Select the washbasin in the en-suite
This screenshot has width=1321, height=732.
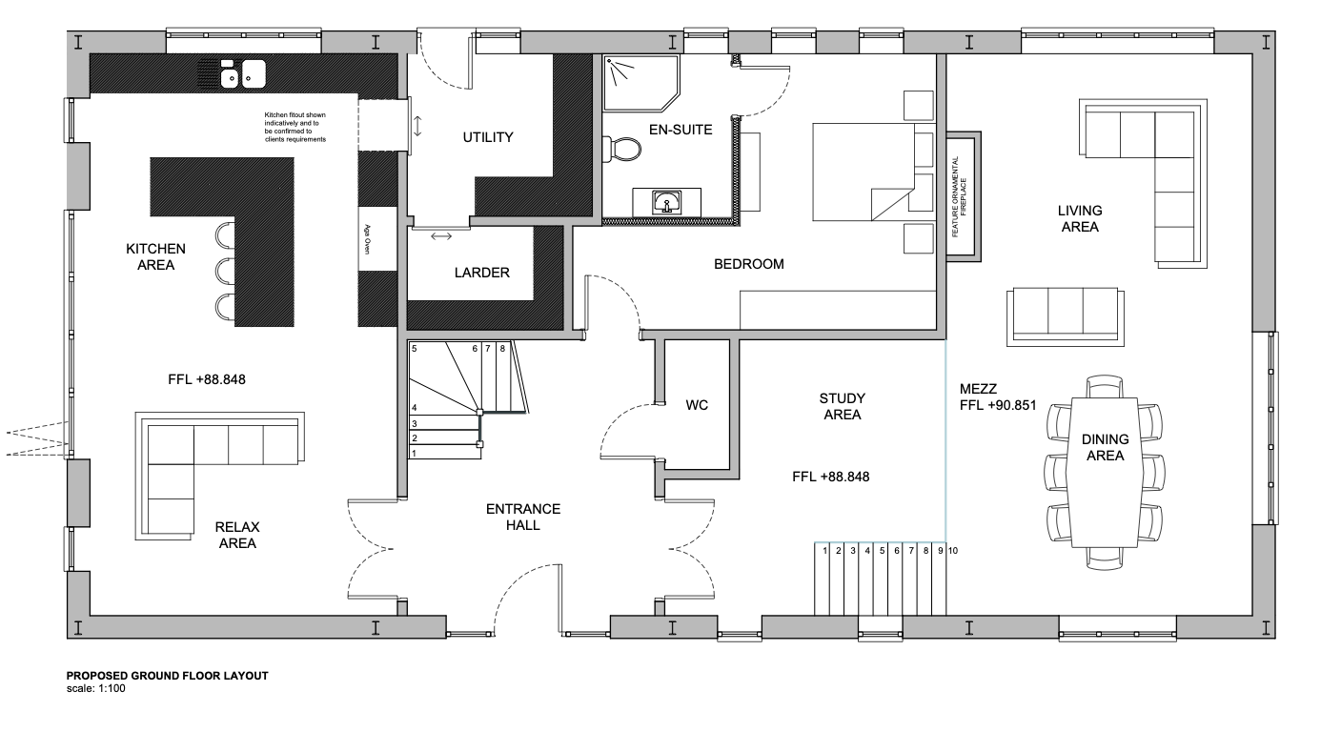click(667, 202)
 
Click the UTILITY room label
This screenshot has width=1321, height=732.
click(488, 137)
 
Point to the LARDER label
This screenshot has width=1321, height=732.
click(481, 273)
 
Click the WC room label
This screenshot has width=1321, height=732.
click(697, 405)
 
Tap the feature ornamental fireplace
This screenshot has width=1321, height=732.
click(963, 196)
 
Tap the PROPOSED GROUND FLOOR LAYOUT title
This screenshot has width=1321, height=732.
click(167, 675)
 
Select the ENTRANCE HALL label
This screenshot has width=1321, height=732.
click(524, 517)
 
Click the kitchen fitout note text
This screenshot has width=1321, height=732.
click(295, 127)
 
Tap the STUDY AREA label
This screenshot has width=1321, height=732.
click(841, 406)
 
